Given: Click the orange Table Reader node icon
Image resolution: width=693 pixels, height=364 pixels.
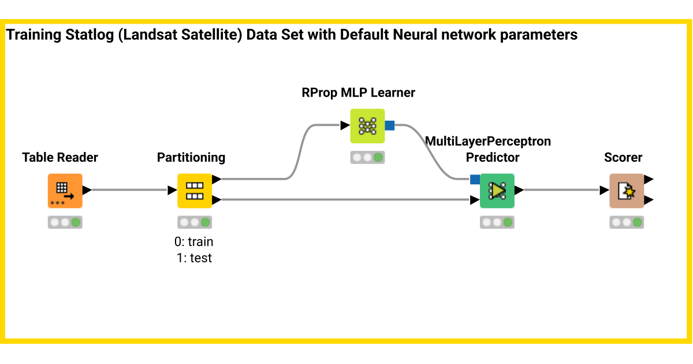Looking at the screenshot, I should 65,191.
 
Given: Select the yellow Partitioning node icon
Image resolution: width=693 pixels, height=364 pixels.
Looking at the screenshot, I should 194,191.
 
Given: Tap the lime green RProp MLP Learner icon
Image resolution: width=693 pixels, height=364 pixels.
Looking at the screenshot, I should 367,125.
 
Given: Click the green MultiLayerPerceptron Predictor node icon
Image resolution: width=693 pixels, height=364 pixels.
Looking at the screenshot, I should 497,191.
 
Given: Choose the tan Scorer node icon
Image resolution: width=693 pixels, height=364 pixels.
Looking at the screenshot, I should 626,191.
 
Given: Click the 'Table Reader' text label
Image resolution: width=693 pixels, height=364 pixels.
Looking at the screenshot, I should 60,158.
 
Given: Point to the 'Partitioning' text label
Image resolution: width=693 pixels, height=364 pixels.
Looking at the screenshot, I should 191,158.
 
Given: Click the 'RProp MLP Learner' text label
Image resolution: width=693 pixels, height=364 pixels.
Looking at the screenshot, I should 358,92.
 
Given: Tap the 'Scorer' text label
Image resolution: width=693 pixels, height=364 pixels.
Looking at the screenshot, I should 623,158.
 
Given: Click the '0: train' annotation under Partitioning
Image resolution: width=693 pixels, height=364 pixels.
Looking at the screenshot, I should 194,242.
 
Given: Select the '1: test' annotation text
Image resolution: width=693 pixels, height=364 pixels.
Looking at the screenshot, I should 194,258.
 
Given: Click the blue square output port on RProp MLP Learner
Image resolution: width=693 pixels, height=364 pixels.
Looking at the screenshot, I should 389,125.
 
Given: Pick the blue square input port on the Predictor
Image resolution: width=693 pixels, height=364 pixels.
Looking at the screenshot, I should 475,179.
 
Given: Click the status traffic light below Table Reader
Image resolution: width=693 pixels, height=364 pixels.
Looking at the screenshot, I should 65,222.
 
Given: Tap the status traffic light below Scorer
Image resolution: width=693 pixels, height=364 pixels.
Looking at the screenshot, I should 626,222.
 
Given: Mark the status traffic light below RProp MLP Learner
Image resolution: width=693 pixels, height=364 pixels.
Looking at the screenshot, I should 367,157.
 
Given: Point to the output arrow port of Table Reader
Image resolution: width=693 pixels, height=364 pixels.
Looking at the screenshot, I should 87,190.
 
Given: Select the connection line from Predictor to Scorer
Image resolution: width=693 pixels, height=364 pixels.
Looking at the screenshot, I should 560,190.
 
